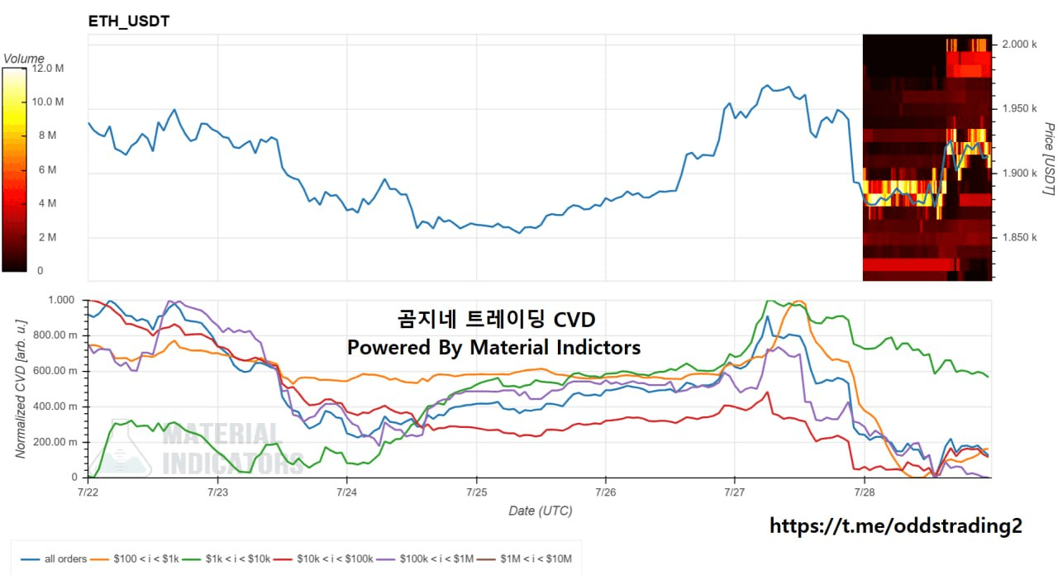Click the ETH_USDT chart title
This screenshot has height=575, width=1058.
[128, 21]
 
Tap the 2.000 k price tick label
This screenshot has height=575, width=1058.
[1019, 45]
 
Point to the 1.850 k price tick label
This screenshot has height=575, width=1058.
[1019, 237]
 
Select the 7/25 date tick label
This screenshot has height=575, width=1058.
[476, 492]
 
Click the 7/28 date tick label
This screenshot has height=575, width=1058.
[865, 492]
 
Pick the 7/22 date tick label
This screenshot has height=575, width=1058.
[88, 492]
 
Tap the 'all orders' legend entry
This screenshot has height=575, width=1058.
[54, 559]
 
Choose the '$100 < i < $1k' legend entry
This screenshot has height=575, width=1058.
[134, 559]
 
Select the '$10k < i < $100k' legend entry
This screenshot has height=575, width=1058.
[323, 559]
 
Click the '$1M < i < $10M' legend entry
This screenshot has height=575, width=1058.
[524, 559]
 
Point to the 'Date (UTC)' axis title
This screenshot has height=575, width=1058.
[541, 511]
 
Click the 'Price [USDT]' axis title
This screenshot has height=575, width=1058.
[1049, 159]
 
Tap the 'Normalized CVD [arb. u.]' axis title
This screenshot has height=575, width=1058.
[21, 389]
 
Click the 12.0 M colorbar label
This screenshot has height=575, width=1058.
[48, 69]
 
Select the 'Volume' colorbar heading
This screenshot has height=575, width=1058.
[24, 59]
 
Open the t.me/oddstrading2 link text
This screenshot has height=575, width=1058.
[896, 525]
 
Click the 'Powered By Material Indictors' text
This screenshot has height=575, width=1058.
[493, 348]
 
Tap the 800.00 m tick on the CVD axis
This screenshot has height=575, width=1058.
[55, 335]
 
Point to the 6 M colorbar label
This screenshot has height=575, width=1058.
[47, 170]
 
